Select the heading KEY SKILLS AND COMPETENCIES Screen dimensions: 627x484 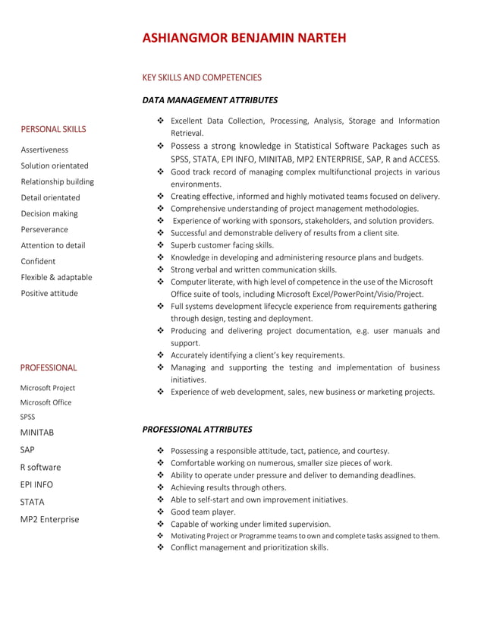click(x=202, y=77)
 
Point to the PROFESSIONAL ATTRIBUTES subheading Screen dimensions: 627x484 click(x=196, y=429)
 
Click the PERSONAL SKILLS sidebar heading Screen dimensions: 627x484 click(x=53, y=129)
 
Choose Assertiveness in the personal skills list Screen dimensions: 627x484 click(x=44, y=150)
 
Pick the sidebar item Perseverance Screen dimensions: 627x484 click(x=44, y=229)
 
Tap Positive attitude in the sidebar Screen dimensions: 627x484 click(x=49, y=293)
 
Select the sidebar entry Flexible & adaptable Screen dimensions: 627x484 click(x=56, y=277)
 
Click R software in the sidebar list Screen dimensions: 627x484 click(x=41, y=467)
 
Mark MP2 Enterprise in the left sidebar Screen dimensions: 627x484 click(x=49, y=519)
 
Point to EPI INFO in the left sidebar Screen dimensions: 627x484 click(x=37, y=484)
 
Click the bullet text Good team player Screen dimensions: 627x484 click(x=203, y=512)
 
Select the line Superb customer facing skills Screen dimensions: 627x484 click(x=222, y=245)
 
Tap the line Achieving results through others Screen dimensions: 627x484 click(x=228, y=487)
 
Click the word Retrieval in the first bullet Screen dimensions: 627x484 click(x=187, y=133)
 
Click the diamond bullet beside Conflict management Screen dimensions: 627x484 click(x=160, y=547)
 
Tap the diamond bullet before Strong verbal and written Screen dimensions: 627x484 click(x=160, y=269)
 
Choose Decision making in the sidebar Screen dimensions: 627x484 click(x=49, y=213)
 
